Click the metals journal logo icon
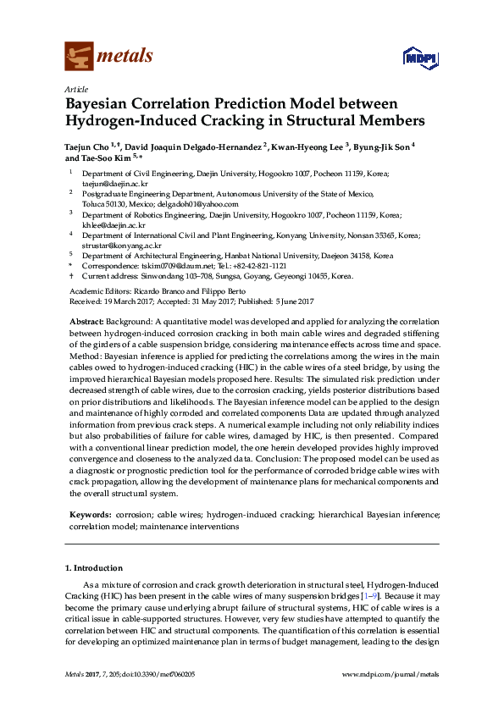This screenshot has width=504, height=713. [80, 56]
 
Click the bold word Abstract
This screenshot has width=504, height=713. [86, 323]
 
